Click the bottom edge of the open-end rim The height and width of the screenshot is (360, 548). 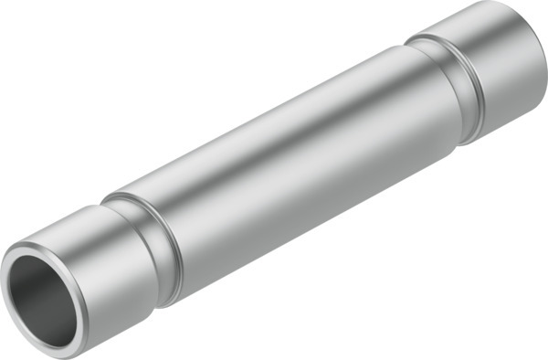click(x=55, y=348)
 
